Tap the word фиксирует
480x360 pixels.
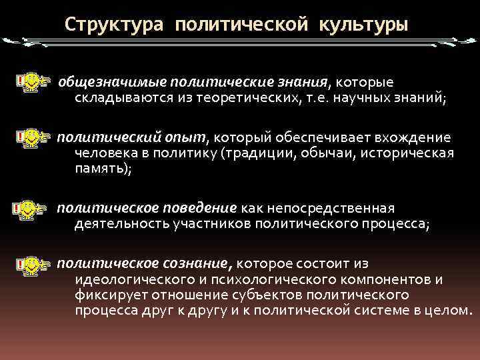[x=110, y=295]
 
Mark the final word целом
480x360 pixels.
[x=450, y=311]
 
